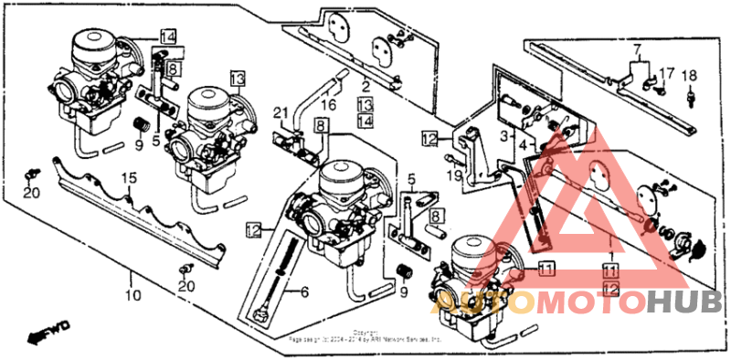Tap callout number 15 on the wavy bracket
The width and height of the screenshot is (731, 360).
click(x=130, y=176)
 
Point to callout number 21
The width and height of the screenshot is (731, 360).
click(x=282, y=112)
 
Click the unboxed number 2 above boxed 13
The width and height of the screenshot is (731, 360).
click(x=365, y=89)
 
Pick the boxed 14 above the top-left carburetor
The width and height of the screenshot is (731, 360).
click(x=166, y=37)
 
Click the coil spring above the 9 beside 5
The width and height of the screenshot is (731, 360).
click(x=142, y=123)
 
